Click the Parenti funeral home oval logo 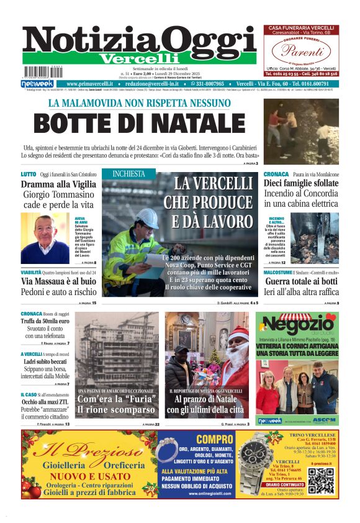click(x=301, y=50)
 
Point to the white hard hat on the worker click(x=148, y=217)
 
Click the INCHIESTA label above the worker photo click(x=129, y=174)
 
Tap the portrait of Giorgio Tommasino click(x=45, y=239)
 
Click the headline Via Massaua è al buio click(x=58, y=281)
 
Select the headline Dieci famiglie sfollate click(x=302, y=184)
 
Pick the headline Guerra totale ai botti click(x=302, y=281)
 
